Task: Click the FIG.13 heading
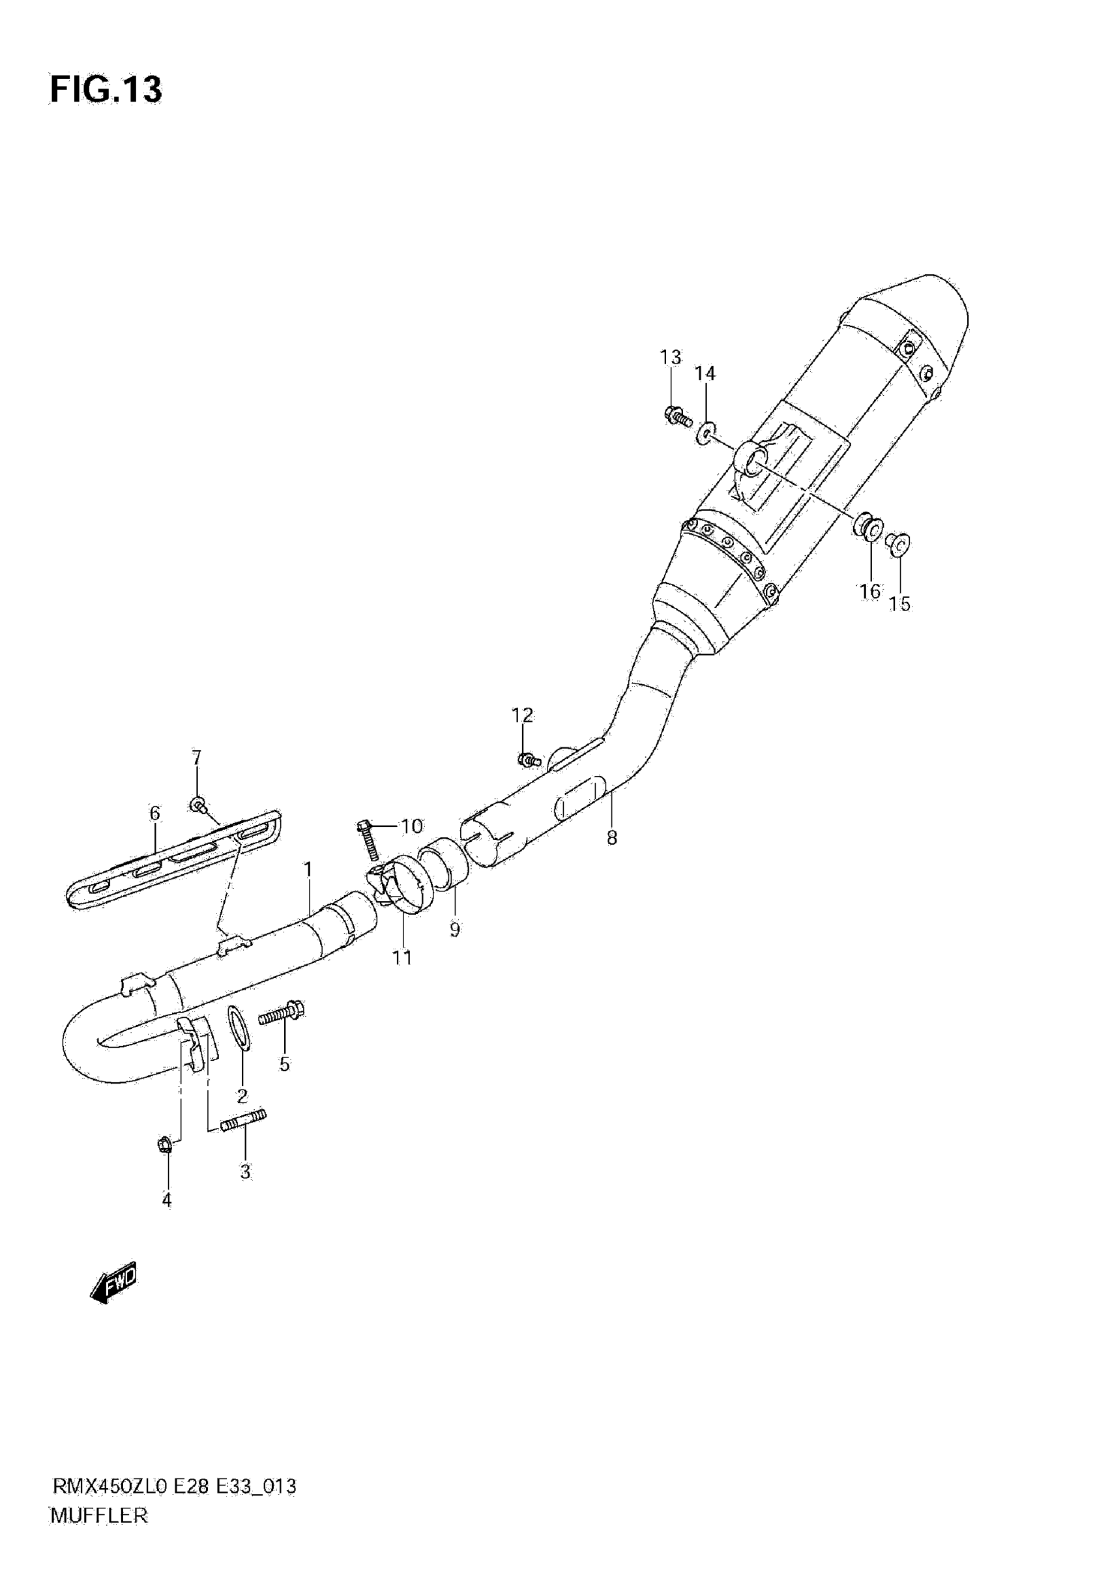point(106,89)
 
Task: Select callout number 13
point(671,358)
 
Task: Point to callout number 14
point(705,373)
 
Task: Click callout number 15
point(899,604)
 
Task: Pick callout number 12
point(522,715)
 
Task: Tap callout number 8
point(612,838)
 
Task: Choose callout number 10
point(411,827)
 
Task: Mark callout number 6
point(154,813)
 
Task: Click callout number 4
point(167,1200)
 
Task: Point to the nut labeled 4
point(164,1144)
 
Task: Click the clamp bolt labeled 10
point(368,842)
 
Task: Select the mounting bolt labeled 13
point(677,414)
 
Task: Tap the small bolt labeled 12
point(529,759)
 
